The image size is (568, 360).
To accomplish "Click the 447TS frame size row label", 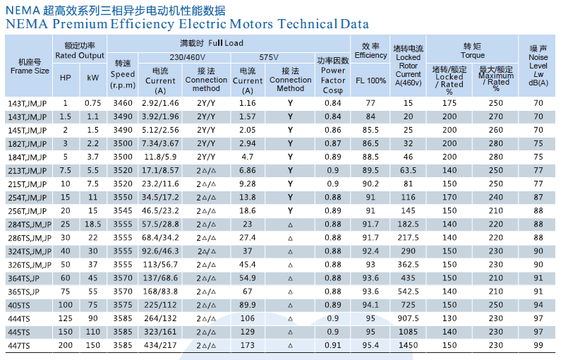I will click(x=20, y=346).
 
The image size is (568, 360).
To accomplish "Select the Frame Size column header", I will click(x=30, y=66).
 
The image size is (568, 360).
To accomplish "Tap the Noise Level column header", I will click(x=538, y=66).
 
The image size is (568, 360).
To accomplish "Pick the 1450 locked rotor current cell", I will click(x=408, y=346).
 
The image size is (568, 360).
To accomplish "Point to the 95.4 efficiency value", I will click(x=370, y=346).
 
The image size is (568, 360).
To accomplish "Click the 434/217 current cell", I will click(x=160, y=346).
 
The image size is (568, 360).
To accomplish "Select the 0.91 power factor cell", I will click(x=333, y=346).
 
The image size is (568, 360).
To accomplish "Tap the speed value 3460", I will click(x=122, y=103).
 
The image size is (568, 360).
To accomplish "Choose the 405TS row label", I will click(x=20, y=305).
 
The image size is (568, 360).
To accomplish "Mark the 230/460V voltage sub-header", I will click(x=187, y=56).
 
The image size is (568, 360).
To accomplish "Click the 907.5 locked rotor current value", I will click(x=408, y=318).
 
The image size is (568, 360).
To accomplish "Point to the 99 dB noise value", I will click(x=538, y=346).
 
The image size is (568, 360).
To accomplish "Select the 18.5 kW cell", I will click(x=92, y=224).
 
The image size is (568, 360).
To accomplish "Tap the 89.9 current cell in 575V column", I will click(x=247, y=305).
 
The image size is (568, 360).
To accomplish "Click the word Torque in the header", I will click(x=473, y=55).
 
